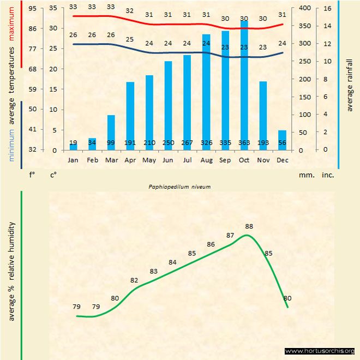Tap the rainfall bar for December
(281, 140)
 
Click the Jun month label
(168, 160)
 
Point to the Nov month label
(262, 160)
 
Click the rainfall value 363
(244, 143)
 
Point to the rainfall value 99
(111, 143)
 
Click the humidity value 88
(249, 226)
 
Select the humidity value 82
(134, 280)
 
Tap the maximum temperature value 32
(130, 10)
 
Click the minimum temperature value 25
(130, 39)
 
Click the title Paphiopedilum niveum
(179, 186)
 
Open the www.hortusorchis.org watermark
(320, 351)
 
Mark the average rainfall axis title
(350, 85)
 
